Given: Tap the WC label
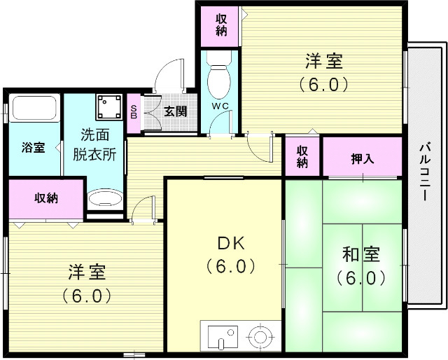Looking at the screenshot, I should [x=220, y=106].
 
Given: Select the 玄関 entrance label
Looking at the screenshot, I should [x=175, y=111].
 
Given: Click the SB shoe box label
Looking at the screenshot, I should [x=135, y=110].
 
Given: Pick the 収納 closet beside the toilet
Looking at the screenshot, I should [x=221, y=25].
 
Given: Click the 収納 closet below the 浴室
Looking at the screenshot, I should [x=46, y=198].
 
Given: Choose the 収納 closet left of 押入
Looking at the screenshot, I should [x=302, y=156].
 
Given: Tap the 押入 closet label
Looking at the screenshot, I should [x=362, y=159].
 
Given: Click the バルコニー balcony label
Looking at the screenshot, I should [x=425, y=172].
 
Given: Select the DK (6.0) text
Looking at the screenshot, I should [x=225, y=255].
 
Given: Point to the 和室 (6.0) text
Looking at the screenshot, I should [x=360, y=265].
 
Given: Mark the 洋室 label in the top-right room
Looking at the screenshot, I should [x=323, y=72].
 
